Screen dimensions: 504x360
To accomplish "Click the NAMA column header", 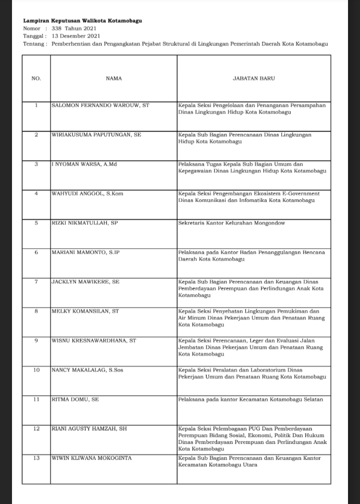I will pyautogui.click(x=113, y=78).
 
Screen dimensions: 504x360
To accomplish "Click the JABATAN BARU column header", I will pyautogui.click(x=253, y=78).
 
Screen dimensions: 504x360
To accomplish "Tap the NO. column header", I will pyautogui.click(x=36, y=78).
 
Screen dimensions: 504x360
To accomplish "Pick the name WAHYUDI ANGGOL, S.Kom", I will pyautogui.click(x=87, y=193).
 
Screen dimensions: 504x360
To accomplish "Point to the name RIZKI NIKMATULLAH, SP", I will pyautogui.click(x=84, y=223).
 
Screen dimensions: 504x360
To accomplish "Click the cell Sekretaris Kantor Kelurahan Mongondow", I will pyautogui.click(x=231, y=223).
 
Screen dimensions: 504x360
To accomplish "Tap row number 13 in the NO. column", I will pyautogui.click(x=36, y=458).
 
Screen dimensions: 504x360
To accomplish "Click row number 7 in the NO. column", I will pyautogui.click(x=36, y=282).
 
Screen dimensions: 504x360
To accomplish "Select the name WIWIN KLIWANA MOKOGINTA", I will pyautogui.click(x=91, y=458).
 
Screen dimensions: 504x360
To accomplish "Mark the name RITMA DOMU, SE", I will pyautogui.click(x=75, y=399).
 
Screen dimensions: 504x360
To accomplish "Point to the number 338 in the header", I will pyautogui.click(x=56, y=28).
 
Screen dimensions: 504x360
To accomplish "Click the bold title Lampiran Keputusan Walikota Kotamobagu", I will pyautogui.click(x=82, y=21).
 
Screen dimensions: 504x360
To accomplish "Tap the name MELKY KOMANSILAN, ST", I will pyautogui.click(x=85, y=311).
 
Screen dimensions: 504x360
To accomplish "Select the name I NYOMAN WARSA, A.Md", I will pyautogui.click(x=84, y=164).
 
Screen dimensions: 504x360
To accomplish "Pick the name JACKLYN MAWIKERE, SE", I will pyautogui.click(x=85, y=282).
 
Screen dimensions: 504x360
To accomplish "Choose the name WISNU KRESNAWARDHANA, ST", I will pyautogui.click(x=94, y=340).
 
